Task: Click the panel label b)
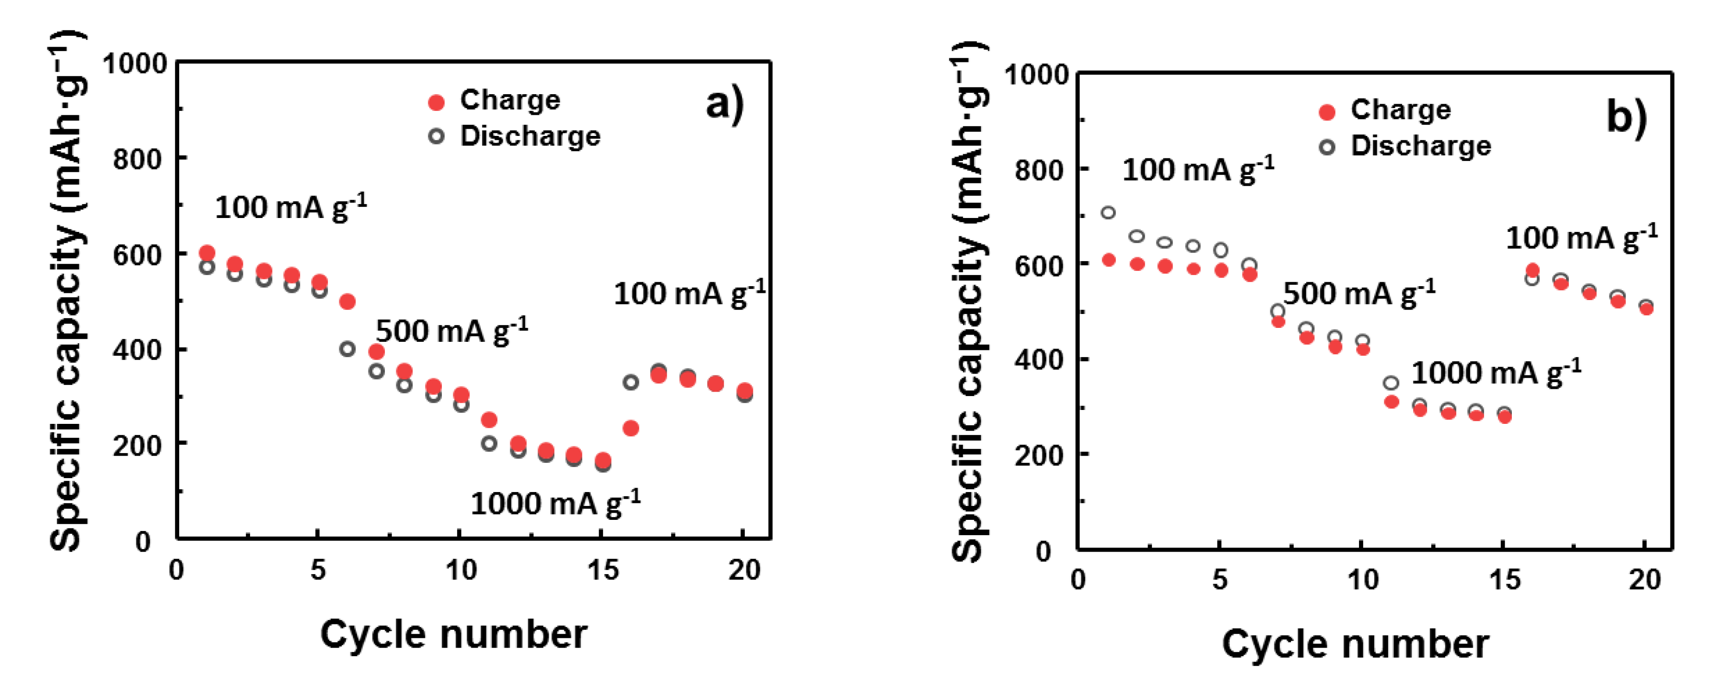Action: click(1626, 117)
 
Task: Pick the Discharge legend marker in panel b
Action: click(1327, 147)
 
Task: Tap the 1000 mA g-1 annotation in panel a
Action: click(555, 503)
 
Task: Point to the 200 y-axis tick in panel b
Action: click(1039, 455)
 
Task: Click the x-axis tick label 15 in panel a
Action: click(602, 570)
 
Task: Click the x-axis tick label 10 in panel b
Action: click(1363, 580)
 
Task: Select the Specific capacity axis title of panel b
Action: click(969, 302)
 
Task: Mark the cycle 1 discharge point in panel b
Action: click(1108, 213)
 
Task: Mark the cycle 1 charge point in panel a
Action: click(207, 253)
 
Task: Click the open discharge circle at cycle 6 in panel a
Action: click(347, 349)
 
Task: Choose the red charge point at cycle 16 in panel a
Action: click(631, 428)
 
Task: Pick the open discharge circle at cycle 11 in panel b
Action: click(1391, 383)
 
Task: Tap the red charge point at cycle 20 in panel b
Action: click(1646, 309)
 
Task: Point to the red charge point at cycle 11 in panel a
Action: click(489, 419)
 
